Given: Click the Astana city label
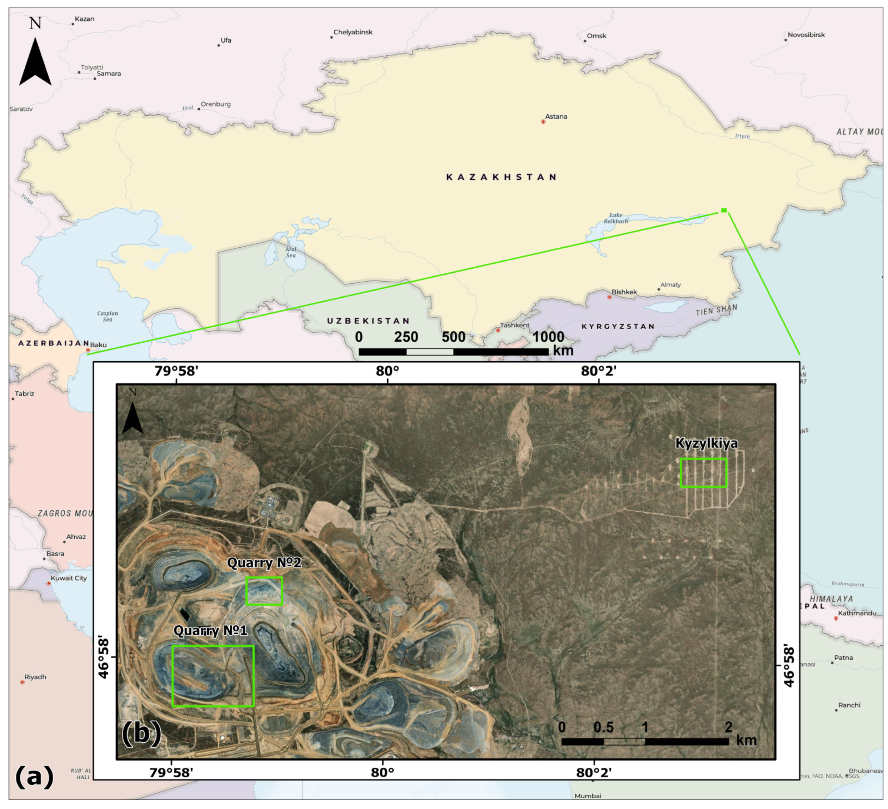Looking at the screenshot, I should [556, 117].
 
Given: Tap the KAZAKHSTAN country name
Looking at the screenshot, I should [501, 177].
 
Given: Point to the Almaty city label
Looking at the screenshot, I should [670, 285].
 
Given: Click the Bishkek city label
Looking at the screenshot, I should [624, 292].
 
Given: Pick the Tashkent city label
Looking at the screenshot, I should [515, 325].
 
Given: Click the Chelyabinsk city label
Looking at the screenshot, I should [353, 32].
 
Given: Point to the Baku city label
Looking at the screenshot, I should [98, 345].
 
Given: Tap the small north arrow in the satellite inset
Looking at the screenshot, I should [132, 417].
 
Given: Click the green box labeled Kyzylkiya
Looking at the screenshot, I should [703, 473].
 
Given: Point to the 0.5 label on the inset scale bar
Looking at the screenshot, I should [603, 727].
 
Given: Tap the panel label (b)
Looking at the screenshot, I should [141, 733].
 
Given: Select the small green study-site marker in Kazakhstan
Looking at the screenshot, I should [724, 210].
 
